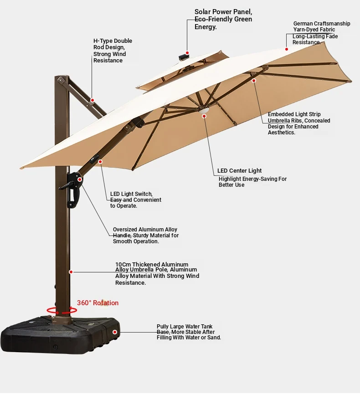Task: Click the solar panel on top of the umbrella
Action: (183, 57)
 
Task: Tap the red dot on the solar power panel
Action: (187, 53)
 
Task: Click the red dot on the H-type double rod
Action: (92, 100)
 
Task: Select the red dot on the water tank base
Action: (115, 332)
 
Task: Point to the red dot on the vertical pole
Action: (71, 272)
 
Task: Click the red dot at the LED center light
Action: (204, 116)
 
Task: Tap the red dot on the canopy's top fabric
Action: (287, 49)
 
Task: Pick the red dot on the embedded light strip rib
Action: (253, 81)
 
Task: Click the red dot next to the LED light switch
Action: (100, 161)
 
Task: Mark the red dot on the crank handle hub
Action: (79, 179)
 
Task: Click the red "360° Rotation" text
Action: (98, 303)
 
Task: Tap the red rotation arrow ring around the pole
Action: (62, 313)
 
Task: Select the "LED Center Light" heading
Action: (240, 171)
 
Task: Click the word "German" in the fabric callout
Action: (303, 24)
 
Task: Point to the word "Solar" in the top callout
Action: (203, 12)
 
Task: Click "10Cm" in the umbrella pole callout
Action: (123, 264)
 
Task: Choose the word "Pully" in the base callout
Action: (163, 327)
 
